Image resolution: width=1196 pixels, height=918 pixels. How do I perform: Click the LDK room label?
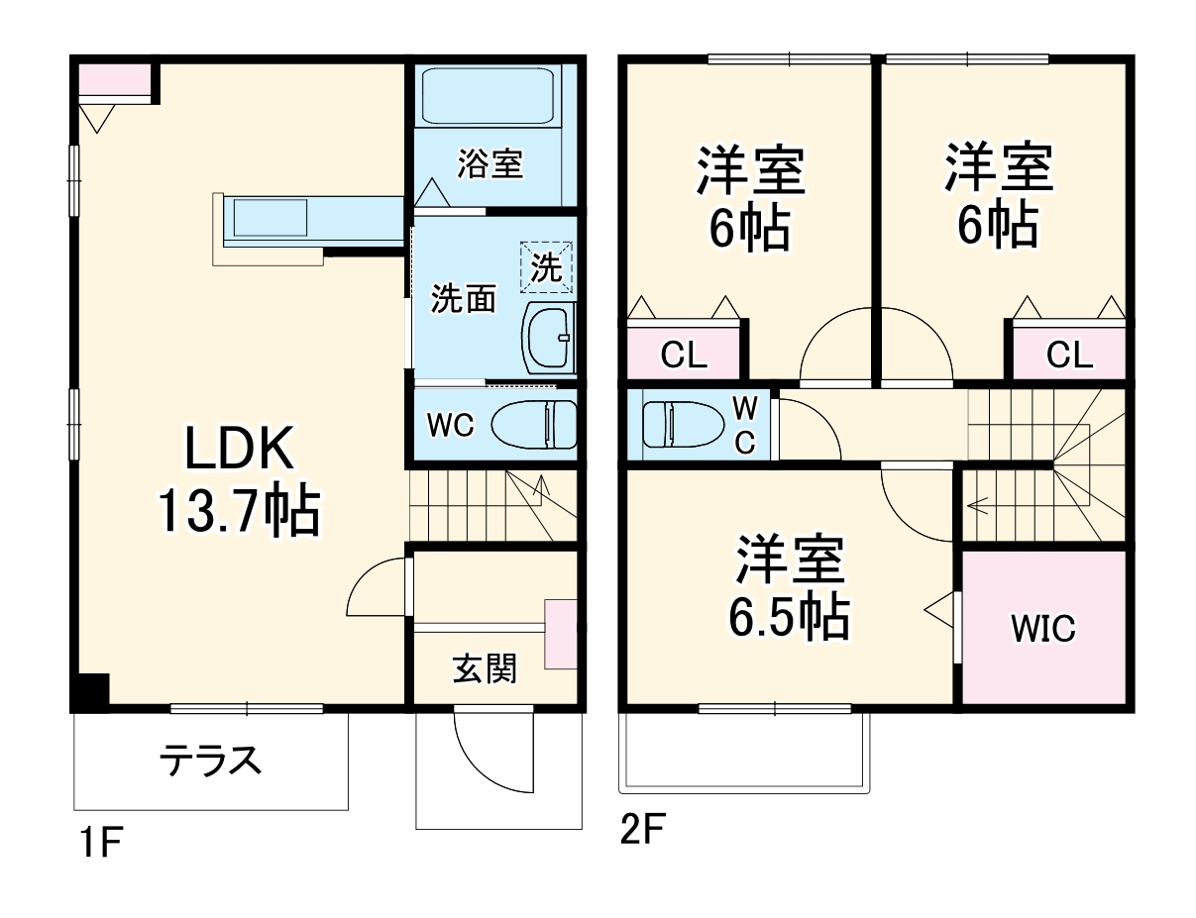(240, 449)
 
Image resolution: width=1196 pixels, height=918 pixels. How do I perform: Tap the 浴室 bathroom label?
(489, 163)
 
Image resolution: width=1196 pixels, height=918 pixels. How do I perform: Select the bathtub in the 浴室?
(488, 96)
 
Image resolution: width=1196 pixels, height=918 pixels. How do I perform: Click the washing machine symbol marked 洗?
(546, 267)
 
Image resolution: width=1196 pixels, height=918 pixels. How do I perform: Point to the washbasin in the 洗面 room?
(548, 338)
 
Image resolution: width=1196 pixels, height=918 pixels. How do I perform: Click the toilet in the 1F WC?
(534, 424)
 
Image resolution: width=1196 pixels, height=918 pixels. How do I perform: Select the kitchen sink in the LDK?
(271, 218)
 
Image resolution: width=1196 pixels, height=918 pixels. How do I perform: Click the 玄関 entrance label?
(485, 668)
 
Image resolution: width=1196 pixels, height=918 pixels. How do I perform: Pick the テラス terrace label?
(210, 761)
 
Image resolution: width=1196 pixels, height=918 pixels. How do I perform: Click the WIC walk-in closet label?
(1043, 628)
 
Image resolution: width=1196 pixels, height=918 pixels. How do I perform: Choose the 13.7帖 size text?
(240, 510)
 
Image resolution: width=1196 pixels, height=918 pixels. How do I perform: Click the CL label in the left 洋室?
(684, 355)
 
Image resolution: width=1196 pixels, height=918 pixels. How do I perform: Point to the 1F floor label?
(100, 842)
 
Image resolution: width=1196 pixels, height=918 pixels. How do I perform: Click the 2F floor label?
(642, 828)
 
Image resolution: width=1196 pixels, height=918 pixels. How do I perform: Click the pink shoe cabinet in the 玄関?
(560, 634)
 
